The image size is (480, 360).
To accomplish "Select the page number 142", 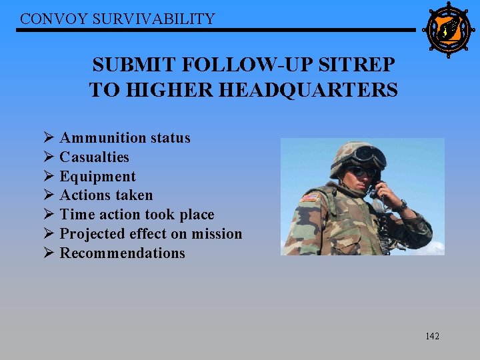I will point(432,336).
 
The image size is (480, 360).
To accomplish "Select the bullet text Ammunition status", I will point(125,138).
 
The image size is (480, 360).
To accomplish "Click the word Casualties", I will point(94,157).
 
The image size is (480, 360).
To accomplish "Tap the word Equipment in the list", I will point(97,177).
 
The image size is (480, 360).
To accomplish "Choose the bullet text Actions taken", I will point(106,195).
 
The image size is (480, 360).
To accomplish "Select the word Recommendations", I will point(122,253).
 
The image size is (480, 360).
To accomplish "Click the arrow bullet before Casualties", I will point(49,157).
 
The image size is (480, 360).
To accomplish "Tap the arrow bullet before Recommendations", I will point(49,253).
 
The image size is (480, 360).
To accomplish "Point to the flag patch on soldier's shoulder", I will point(310,198).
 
